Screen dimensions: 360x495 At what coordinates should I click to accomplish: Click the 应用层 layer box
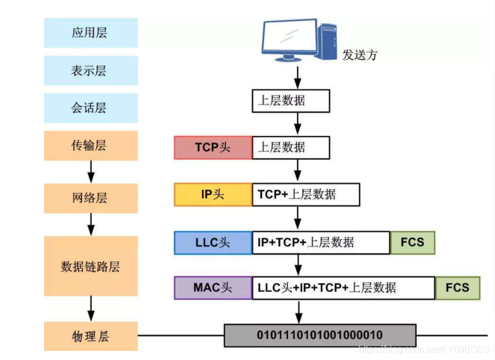click(x=90, y=32)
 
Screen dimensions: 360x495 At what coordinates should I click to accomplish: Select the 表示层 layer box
click(x=90, y=71)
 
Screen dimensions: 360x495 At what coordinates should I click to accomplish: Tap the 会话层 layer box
click(x=90, y=108)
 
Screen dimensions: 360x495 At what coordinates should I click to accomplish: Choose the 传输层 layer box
click(x=90, y=146)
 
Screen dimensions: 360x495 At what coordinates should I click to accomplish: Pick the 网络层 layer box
click(x=90, y=198)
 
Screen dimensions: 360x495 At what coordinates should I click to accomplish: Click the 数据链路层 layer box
click(x=90, y=266)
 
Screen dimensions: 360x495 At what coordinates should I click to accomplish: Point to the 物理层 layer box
click(x=90, y=336)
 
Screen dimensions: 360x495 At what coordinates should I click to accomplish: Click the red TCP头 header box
click(x=213, y=147)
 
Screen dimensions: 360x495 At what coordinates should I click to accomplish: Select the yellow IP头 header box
click(x=213, y=195)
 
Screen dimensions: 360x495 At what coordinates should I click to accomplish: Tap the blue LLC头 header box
click(x=213, y=243)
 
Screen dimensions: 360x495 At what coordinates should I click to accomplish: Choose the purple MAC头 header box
click(x=213, y=288)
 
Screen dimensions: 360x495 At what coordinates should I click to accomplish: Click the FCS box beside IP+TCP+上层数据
click(x=412, y=243)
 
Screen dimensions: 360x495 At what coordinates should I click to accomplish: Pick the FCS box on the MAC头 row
click(x=457, y=288)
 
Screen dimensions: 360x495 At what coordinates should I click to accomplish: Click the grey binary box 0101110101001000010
click(x=320, y=335)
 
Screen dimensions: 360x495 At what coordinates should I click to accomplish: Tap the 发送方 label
click(x=360, y=55)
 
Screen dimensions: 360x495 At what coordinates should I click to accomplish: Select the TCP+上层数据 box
click(x=306, y=195)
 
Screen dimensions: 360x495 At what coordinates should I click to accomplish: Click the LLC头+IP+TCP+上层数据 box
click(x=343, y=288)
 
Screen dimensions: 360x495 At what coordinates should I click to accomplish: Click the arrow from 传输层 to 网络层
click(x=91, y=171)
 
